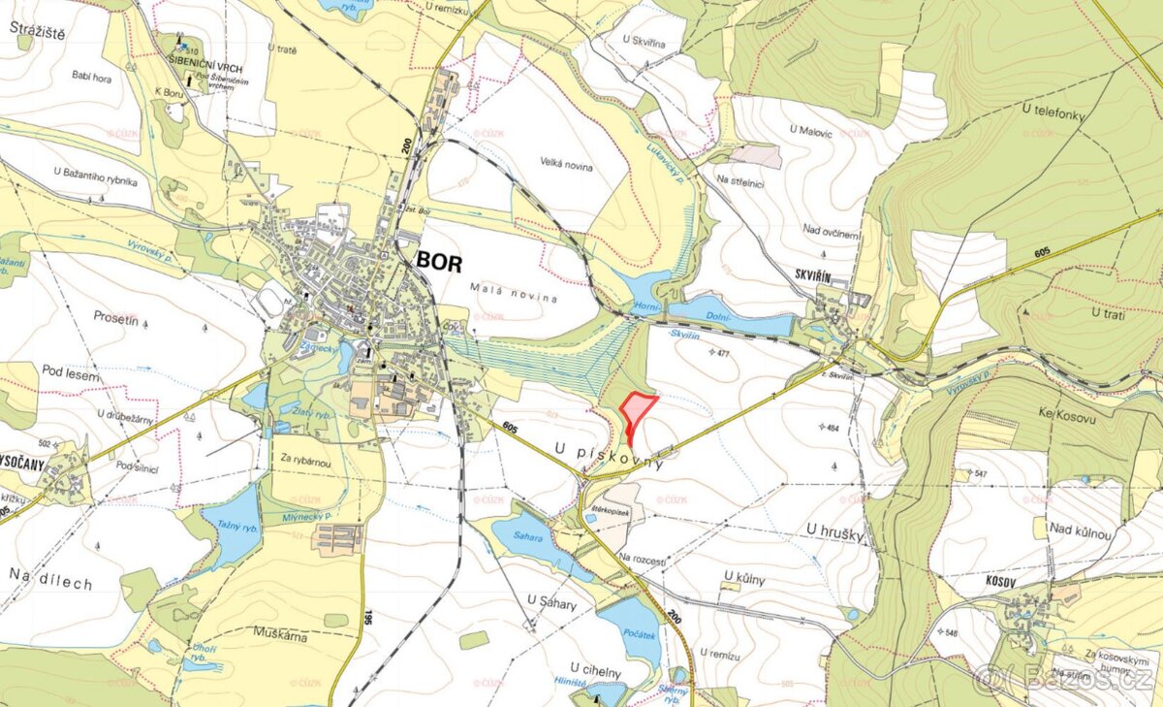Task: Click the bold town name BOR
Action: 439,262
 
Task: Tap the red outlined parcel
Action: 636,412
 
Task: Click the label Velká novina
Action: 569,167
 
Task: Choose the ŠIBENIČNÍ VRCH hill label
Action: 204,69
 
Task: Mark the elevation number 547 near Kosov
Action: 981,473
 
